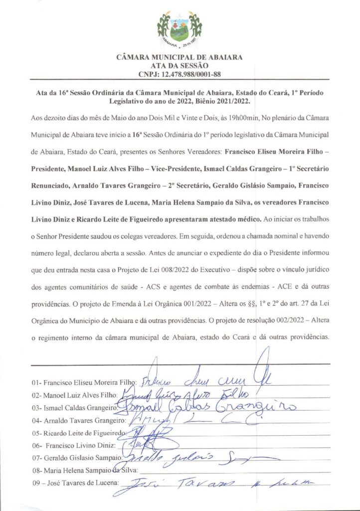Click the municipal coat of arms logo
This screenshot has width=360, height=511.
(x=180, y=28)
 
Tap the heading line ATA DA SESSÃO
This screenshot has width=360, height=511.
(x=180, y=65)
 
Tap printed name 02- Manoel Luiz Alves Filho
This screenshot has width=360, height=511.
(x=74, y=395)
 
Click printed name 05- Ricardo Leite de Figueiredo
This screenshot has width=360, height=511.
(x=79, y=433)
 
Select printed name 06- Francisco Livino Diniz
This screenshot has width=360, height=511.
(x=74, y=445)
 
